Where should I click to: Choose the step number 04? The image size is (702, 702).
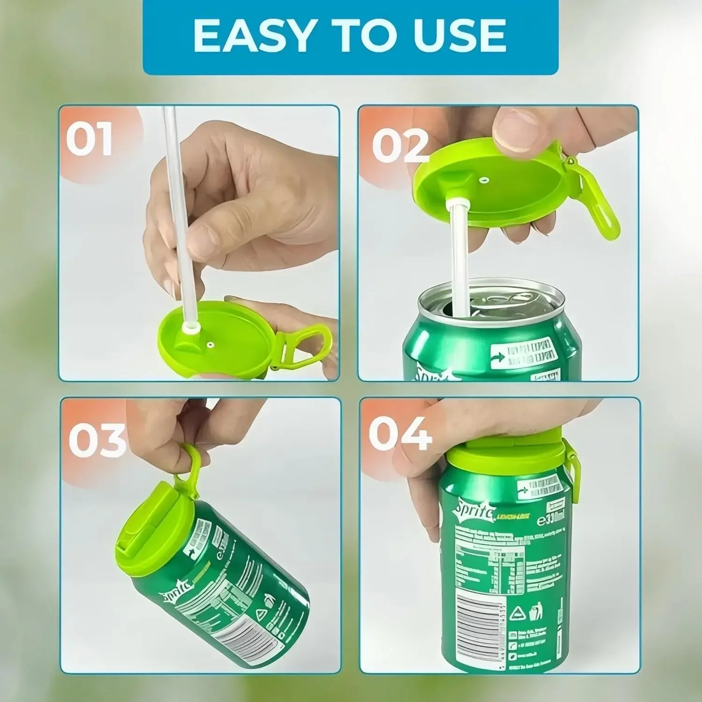pos(400,434)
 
